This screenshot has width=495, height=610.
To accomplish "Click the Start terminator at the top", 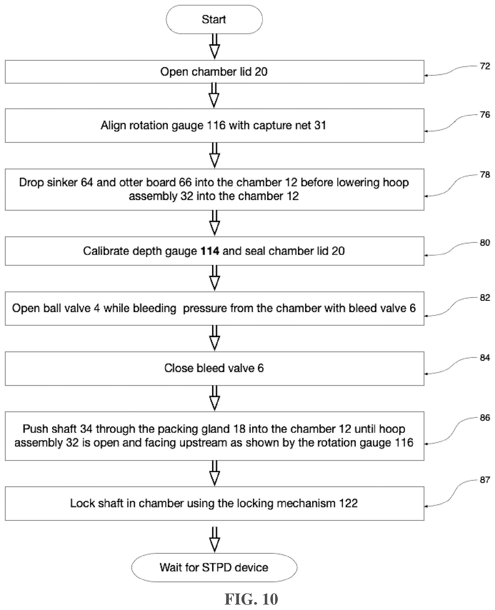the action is (214, 19).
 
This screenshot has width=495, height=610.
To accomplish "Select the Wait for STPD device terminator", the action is (214, 567).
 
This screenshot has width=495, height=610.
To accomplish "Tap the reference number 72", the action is (485, 66).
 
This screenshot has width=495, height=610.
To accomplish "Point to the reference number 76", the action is (485, 115).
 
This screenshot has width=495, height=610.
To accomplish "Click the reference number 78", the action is (485, 174).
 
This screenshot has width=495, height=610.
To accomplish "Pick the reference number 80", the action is (485, 243).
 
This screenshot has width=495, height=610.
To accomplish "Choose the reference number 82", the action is (485, 298).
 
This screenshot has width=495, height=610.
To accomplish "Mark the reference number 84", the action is (485, 358).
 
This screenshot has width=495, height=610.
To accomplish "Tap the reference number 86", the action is (485, 418).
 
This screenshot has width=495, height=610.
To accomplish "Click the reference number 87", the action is (485, 480).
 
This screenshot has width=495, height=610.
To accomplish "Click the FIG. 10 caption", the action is (251, 599).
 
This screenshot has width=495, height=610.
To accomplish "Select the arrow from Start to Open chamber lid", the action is (215, 46).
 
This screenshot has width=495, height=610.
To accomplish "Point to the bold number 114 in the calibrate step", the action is (210, 251).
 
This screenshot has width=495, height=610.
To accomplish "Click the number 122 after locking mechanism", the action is (348, 503).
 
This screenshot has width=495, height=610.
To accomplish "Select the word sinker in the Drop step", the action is (62, 182).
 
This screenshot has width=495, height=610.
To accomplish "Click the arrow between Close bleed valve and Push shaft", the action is (215, 398).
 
